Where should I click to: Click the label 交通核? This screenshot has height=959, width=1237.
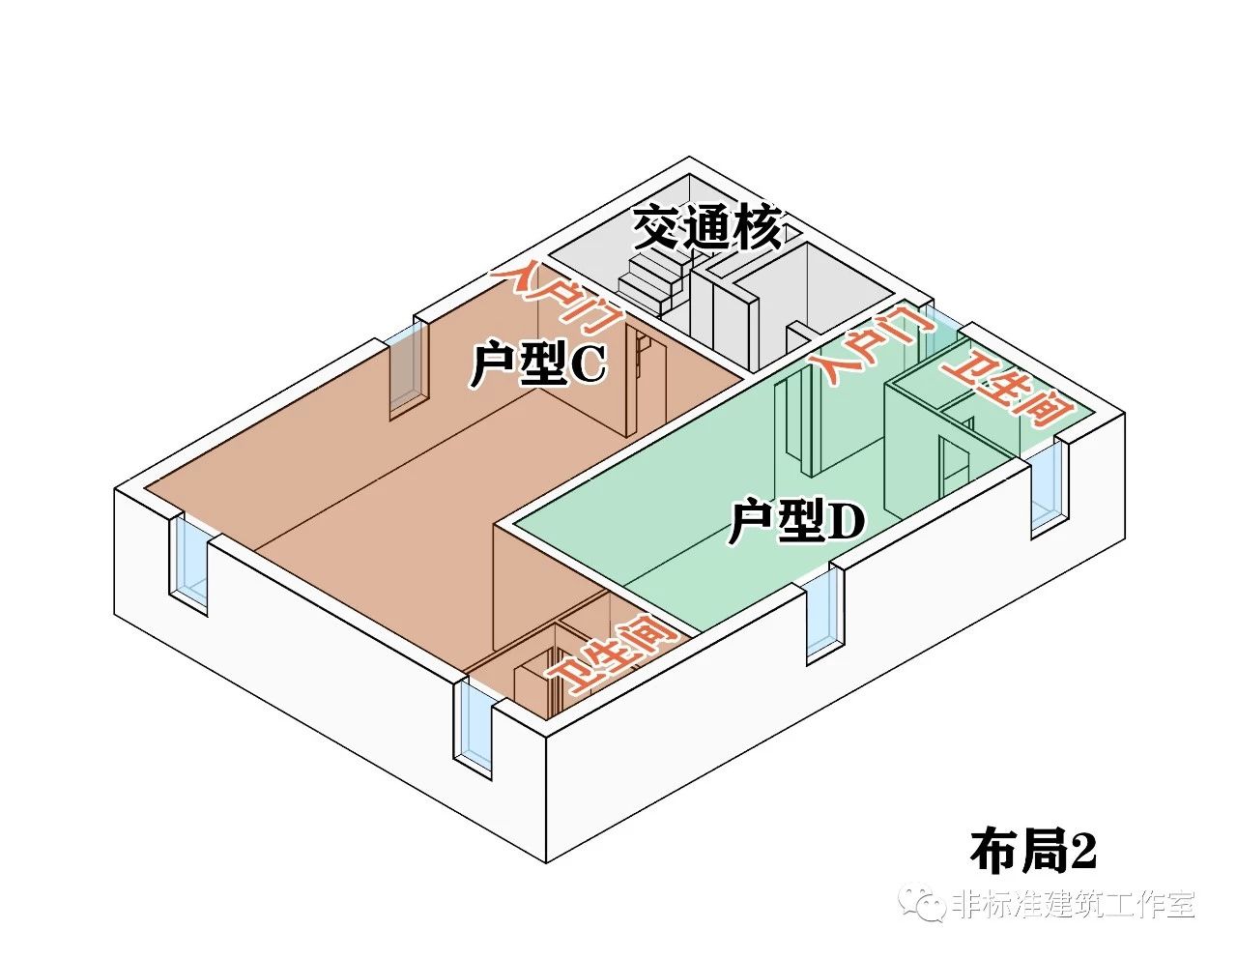tap(707, 229)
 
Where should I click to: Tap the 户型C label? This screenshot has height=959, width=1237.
tap(537, 364)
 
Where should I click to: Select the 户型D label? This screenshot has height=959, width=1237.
tap(796, 523)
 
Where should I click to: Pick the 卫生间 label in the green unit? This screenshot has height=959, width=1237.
tap(1009, 389)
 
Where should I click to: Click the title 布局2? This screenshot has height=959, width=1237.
tap(1033, 851)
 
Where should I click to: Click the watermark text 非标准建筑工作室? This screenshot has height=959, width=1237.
tap(1074, 905)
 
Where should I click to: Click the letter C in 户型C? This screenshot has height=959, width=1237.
tap(588, 365)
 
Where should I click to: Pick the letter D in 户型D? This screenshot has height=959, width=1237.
tap(847, 523)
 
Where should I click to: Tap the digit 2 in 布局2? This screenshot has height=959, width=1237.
tap(1082, 851)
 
